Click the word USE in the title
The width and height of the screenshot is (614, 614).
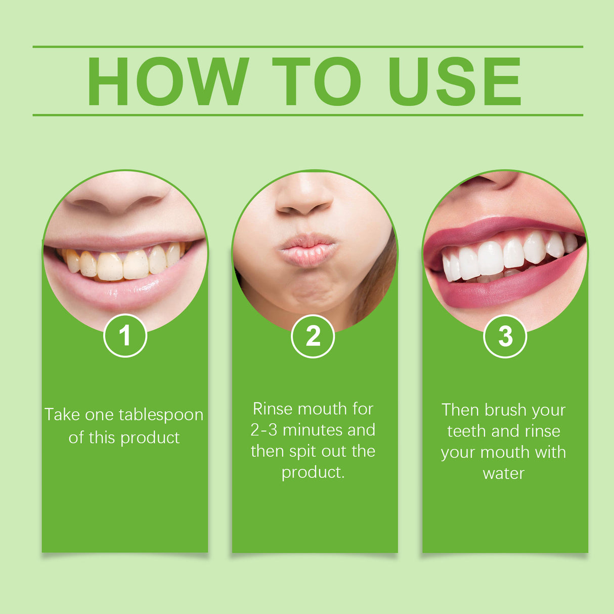(454, 81)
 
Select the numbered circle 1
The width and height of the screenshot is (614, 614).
(125, 336)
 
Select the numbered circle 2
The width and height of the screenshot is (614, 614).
(313, 336)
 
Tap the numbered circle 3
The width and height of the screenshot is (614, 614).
(505, 336)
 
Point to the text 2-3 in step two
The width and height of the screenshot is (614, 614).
(264, 430)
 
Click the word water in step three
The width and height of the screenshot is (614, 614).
(503, 474)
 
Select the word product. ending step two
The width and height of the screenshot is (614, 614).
(313, 472)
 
